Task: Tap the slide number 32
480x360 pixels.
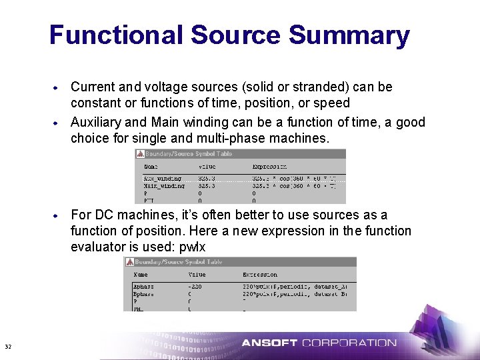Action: click(x=8, y=347)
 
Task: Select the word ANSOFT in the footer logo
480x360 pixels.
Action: click(x=269, y=343)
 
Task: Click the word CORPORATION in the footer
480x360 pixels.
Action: click(x=349, y=343)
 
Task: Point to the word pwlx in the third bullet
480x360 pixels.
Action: click(x=193, y=247)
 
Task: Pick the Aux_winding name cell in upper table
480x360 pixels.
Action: click(x=161, y=179)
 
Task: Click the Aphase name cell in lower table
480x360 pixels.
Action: click(x=144, y=286)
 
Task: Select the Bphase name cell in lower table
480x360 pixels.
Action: click(x=144, y=293)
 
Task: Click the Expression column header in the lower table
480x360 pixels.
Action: click(x=260, y=275)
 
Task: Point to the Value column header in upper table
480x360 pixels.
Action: click(x=207, y=167)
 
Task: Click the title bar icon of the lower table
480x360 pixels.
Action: click(x=129, y=262)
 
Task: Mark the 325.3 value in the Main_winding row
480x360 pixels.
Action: click(x=207, y=186)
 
